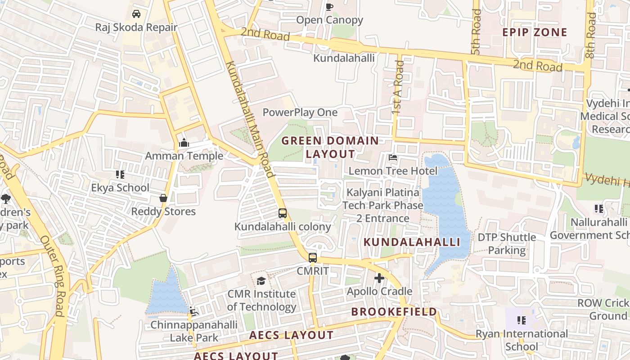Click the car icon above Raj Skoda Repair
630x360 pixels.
click(x=136, y=14)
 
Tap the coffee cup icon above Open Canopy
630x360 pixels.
click(x=329, y=6)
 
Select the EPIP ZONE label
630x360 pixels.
click(x=535, y=32)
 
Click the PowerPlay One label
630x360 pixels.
click(x=300, y=112)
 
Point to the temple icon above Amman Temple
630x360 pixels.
click(x=184, y=144)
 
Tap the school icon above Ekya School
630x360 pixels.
click(x=120, y=174)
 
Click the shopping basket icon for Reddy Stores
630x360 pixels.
click(x=163, y=198)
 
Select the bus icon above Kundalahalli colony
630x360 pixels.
click(x=283, y=213)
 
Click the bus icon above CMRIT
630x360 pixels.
click(x=313, y=258)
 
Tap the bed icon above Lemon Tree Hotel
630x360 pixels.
click(x=393, y=158)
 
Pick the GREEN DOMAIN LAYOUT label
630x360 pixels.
click(x=330, y=147)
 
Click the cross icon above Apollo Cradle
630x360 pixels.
click(x=379, y=278)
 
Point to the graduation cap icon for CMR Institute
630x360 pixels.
click(x=261, y=281)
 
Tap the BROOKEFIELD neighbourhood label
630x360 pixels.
click(x=394, y=312)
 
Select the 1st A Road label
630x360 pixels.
click(x=398, y=87)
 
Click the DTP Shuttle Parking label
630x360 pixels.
click(x=507, y=243)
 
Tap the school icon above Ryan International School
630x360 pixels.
click(x=522, y=320)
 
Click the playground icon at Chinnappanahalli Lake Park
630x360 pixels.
click(x=193, y=311)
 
